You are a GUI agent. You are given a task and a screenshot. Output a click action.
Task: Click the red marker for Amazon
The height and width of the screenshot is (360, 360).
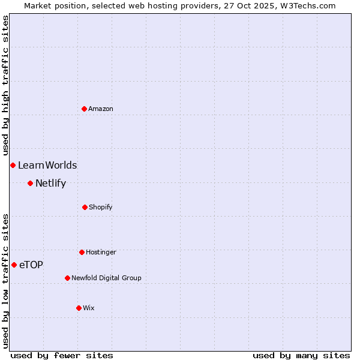84,109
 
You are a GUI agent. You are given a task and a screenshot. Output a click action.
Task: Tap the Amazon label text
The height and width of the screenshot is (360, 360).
101,109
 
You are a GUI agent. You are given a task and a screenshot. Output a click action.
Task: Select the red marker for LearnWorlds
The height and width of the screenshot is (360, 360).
13,165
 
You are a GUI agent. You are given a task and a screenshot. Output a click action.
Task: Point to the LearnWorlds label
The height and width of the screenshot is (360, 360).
47,166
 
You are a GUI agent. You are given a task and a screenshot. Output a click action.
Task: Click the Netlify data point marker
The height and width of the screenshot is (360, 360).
30,183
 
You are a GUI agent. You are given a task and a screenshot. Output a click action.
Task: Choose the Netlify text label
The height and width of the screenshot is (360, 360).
50,184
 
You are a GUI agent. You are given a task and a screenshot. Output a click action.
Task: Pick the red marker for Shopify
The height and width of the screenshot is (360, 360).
85,207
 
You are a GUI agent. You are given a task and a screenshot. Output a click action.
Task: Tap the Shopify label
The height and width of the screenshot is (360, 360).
101,207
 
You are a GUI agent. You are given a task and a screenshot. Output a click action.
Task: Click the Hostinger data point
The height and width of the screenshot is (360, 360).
82,252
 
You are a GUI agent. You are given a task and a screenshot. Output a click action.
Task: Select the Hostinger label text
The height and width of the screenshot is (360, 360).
101,252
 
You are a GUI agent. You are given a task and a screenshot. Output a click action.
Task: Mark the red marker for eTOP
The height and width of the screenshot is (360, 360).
14,265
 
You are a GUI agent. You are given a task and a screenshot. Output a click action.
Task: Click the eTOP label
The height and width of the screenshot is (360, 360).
31,265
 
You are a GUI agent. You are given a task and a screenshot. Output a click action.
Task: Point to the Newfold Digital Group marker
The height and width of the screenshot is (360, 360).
67,278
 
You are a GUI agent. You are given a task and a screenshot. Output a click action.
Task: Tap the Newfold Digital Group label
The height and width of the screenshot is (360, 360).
106,278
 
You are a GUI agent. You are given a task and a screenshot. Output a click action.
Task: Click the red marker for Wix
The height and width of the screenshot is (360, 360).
79,308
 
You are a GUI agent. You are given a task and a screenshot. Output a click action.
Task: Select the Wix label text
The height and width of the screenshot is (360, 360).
89,308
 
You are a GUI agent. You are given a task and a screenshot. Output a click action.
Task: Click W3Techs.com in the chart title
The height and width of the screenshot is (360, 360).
310,5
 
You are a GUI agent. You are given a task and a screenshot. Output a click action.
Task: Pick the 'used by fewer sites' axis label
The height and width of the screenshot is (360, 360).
62,355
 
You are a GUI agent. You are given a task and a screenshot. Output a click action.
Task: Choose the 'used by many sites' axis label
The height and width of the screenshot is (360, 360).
301,355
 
